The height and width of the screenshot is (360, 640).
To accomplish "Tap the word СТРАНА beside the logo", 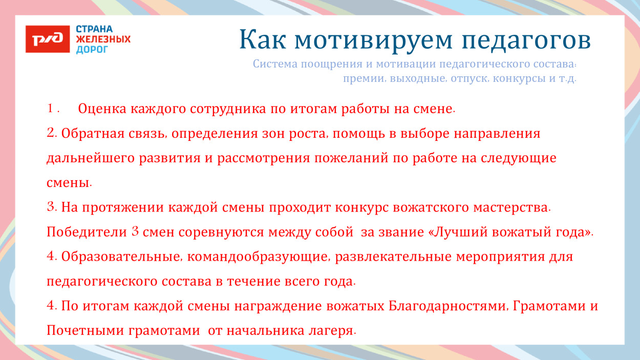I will click(94, 29).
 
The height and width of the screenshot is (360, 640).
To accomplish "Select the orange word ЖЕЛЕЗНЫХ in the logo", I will click(103, 39).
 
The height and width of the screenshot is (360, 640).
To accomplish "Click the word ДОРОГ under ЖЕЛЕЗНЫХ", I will click(92, 50).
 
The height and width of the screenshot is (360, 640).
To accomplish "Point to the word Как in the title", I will click(261, 40).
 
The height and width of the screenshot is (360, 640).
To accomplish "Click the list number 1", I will click(51, 109).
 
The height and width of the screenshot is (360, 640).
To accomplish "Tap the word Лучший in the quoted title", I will click(460, 232).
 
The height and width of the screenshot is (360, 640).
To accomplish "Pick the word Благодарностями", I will click(448, 306).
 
